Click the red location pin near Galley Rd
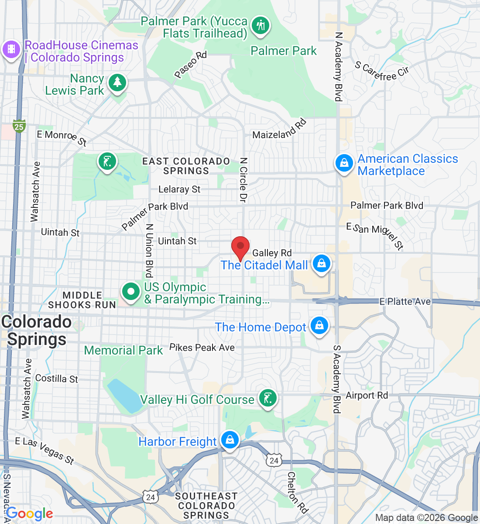click(x=240, y=248)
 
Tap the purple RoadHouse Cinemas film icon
click(x=11, y=49)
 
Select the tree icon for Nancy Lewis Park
click(x=117, y=82)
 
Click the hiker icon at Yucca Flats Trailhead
click(x=261, y=25)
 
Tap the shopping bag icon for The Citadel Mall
click(x=322, y=263)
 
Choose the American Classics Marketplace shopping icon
click(x=344, y=163)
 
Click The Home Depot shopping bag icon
click(x=319, y=326)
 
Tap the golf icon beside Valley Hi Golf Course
click(x=267, y=398)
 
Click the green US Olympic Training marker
click(x=130, y=291)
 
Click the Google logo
click(x=30, y=514)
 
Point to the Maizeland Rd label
click(x=280, y=130)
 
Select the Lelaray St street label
click(x=179, y=189)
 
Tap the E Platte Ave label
click(x=405, y=301)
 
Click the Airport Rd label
click(x=367, y=395)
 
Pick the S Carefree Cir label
click(x=382, y=72)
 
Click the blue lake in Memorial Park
click(x=123, y=396)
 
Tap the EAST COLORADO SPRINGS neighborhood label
click(x=186, y=166)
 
